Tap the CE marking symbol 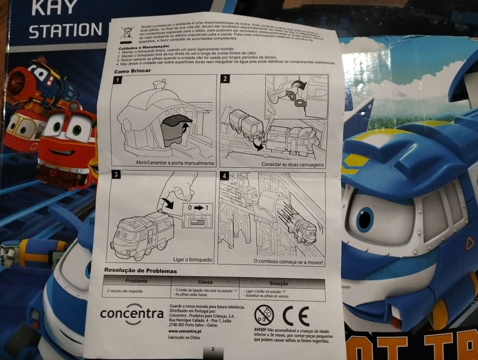point(296,315)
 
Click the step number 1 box point(117,80)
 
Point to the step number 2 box point(224,79)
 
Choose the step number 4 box point(223,176)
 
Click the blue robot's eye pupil point(364,219)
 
